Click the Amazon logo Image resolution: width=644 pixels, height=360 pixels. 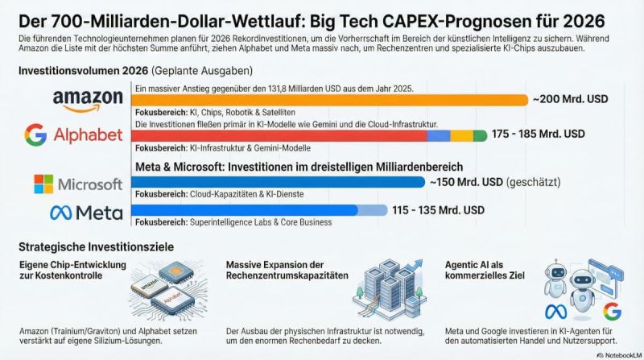pyautogui.click(x=87, y=101)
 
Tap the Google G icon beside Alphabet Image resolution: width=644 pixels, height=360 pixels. pyautogui.click(x=35, y=134)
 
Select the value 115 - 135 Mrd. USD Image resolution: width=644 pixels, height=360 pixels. pyautogui.click(x=438, y=210)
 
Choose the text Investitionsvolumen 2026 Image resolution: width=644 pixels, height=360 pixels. pyautogui.click(x=72, y=71)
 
